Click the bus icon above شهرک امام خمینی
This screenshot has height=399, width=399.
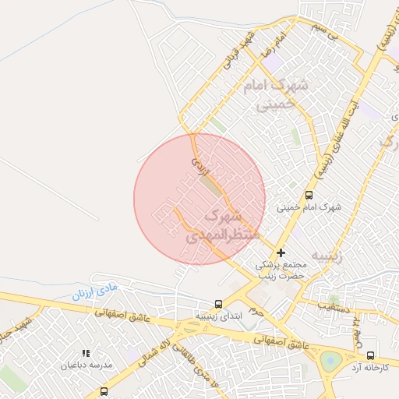coord(309,196)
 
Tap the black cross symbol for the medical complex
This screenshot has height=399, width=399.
coord(281,252)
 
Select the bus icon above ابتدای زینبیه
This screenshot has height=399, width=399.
coord(218,305)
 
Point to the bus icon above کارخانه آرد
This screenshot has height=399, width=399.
coord(369,355)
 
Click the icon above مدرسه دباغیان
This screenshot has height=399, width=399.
coord(86,354)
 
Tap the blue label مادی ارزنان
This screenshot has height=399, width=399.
coord(94,291)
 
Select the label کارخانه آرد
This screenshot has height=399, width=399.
coord(369,366)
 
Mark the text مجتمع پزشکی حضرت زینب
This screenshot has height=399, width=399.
coord(282,270)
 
